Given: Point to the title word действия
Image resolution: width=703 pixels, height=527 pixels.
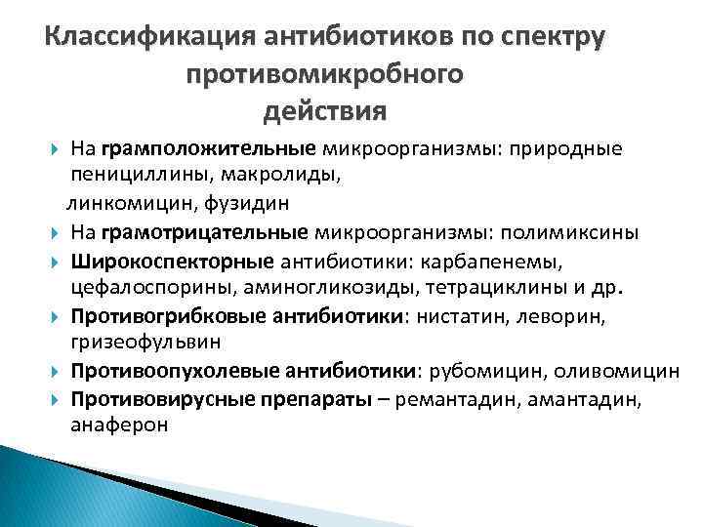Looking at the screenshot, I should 324,109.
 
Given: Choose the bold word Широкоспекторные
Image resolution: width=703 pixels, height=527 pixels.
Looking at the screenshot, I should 171,262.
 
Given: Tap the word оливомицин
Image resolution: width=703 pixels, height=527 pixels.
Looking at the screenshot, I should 615,371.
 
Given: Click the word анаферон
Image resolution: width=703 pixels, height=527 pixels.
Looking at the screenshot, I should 118,426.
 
